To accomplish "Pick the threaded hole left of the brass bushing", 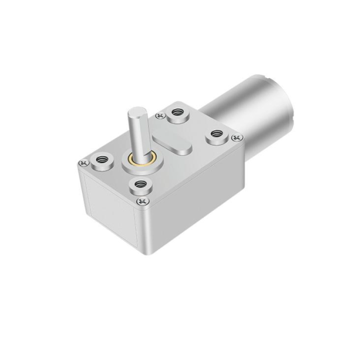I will [103, 159].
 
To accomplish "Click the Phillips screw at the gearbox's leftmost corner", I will [84, 163].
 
